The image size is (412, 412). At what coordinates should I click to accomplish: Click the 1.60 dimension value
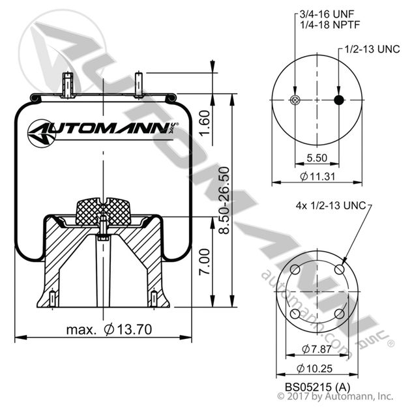205,123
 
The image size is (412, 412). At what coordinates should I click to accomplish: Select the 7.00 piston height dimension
205,261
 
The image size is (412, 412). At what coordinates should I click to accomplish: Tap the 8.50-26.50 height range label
225,200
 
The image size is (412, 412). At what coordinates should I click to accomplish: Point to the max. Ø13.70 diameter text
109,329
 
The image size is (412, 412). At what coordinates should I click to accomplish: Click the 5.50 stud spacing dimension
317,158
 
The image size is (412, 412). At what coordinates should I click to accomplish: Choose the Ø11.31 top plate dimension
317,176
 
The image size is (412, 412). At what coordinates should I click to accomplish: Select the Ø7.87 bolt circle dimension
317,349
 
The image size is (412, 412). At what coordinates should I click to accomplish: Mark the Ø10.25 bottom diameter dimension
315,368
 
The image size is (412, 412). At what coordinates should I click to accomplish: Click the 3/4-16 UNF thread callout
327,14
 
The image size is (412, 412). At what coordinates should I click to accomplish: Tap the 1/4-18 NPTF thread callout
330,25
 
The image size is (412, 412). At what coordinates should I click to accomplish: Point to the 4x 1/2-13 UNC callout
331,205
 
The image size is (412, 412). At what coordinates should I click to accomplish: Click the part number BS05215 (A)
317,387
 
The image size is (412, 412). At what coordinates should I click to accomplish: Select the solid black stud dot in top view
339,100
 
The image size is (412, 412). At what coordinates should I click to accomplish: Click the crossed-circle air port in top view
295,100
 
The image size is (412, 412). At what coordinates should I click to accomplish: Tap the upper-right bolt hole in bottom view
340,269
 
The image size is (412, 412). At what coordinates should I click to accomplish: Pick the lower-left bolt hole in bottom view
295,314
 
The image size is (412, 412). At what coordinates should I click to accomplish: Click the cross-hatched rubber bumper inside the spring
103,211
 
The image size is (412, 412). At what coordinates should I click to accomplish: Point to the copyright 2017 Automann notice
335,396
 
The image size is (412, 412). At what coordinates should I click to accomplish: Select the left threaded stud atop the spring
68,85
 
